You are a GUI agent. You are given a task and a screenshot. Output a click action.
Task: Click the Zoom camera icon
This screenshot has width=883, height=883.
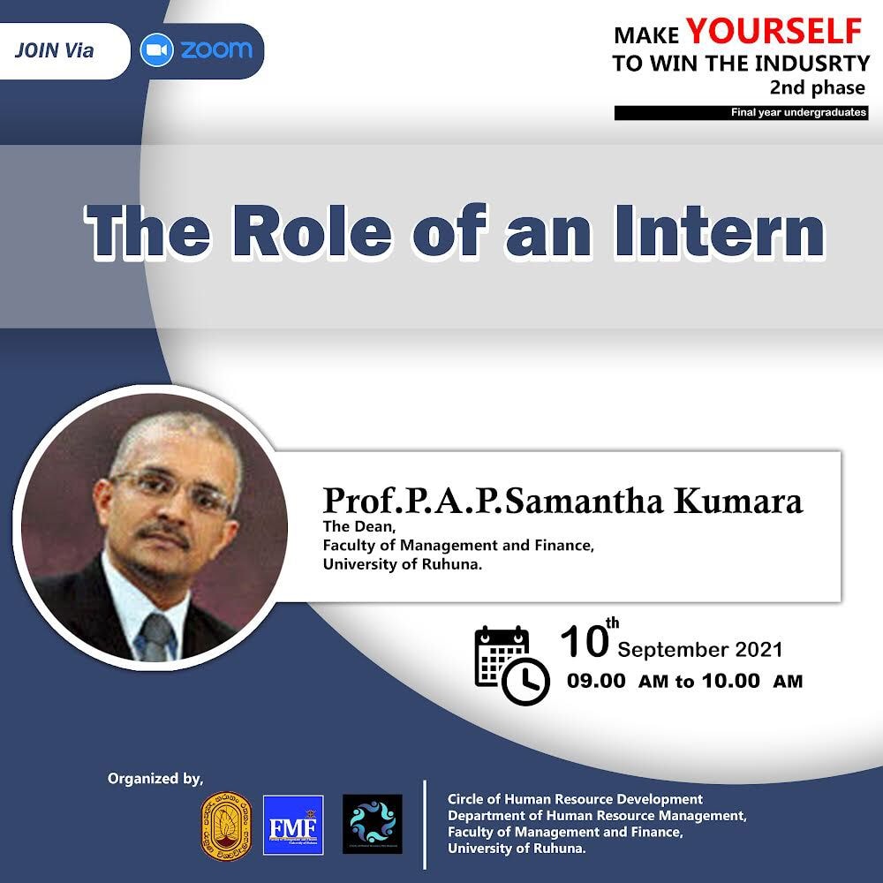tap(156, 50)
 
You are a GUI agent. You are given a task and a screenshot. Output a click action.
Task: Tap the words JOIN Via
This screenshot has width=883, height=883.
tap(54, 50)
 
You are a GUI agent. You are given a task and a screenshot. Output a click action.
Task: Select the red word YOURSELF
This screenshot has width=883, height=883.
tap(774, 31)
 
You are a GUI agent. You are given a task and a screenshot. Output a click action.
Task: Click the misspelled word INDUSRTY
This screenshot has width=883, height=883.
tap(812, 64)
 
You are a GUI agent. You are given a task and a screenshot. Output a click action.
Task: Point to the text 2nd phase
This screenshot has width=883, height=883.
tap(817, 87)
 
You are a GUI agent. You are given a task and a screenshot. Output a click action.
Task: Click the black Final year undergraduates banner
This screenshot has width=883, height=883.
tap(741, 113)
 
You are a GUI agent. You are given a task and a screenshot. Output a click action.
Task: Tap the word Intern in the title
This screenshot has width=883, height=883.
tap(720, 230)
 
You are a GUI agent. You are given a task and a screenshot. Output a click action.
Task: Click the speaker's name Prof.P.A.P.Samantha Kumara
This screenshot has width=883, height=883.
tap(562, 500)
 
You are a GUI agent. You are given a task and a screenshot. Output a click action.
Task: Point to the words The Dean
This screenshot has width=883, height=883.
tap(359, 526)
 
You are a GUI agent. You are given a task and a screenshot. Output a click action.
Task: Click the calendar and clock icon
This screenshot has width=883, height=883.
tap(511, 665)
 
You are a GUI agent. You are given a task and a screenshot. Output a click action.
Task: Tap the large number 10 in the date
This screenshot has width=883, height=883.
tap(585, 642)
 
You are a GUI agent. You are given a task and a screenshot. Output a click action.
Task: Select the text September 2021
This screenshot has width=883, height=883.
tap(700, 650)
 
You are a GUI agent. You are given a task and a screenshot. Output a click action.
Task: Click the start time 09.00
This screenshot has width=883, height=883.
tap(596, 681)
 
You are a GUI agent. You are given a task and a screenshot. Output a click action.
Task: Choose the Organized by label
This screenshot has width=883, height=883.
tap(155, 779)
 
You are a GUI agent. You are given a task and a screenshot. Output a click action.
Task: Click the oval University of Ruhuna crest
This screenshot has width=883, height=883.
tap(226, 826)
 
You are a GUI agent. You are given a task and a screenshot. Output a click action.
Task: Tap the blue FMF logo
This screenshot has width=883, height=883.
tap(293, 825)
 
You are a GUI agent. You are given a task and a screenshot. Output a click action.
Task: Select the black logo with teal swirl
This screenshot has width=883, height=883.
tap(373, 824)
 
